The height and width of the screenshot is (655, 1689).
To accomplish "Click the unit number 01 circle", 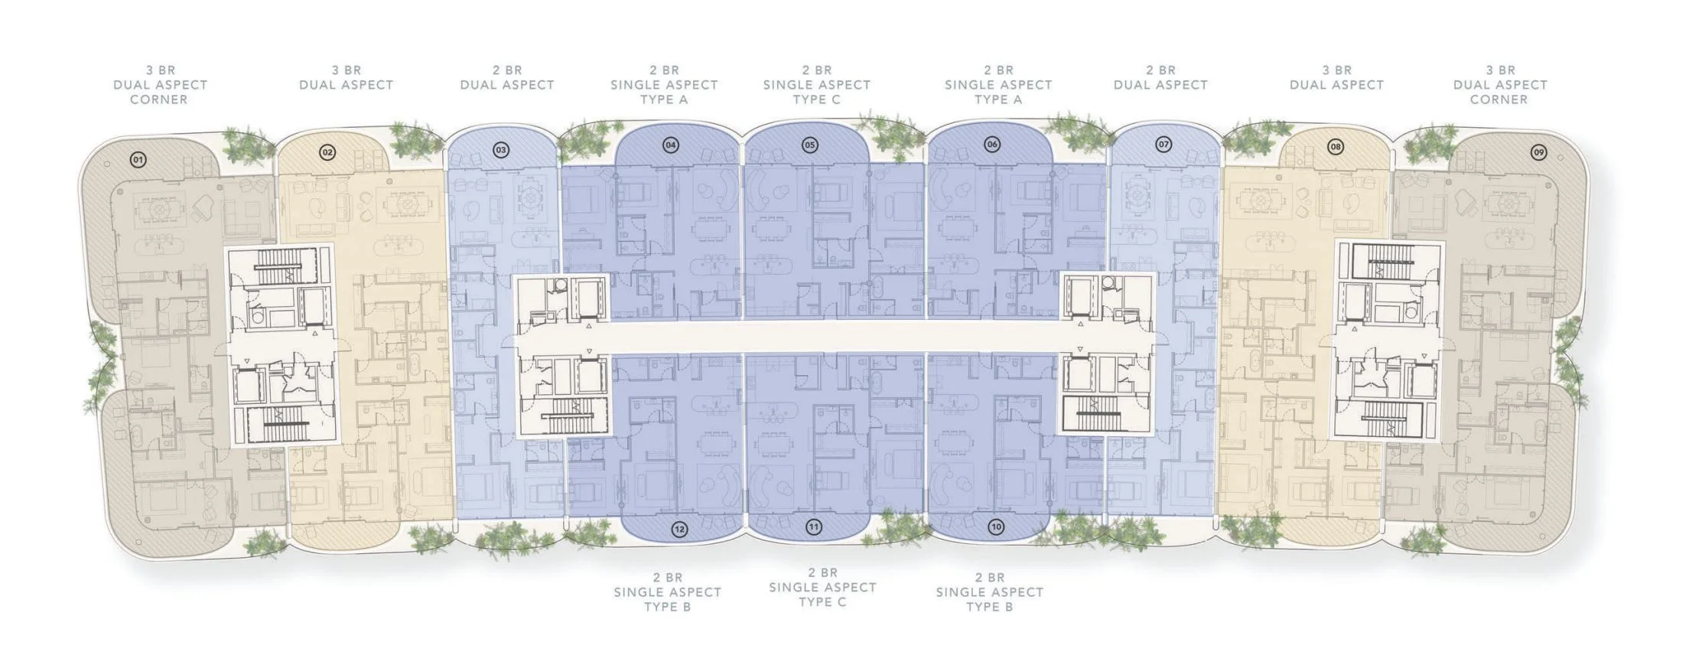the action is coord(138,160).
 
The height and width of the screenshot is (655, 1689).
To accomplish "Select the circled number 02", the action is coord(327,152).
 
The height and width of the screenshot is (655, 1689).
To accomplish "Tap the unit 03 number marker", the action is coord(501,150).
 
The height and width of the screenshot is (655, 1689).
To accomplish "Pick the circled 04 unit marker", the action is coord(671,145).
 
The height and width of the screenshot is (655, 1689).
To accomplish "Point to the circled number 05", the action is coord(810,145).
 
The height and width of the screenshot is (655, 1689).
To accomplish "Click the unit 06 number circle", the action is coord(992,144).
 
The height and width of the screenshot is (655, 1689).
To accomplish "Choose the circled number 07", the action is coord(1163,144).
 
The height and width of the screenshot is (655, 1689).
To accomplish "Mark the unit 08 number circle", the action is coord(1336,146).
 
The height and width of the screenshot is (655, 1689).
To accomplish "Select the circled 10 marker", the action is coord(995,526).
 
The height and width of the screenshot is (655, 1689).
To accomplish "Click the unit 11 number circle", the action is coord(814,526).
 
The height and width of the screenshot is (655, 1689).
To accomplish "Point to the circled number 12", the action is coord(679,528).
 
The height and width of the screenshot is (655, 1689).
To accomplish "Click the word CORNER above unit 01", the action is coord(159,99).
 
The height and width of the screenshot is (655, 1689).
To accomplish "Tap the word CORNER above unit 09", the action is coord(1499,99).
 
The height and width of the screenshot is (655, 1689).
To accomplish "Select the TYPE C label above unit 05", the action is coord(816,99).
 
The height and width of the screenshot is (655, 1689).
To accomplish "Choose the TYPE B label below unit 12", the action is coord(668,607).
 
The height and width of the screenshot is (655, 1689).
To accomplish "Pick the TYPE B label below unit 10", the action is coord(990,607).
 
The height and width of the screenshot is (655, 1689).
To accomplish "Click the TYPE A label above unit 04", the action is coord(664,99).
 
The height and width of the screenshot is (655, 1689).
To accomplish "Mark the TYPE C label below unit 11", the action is coord(822,601).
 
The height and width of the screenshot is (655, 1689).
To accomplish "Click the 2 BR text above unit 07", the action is coord(1160,70).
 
